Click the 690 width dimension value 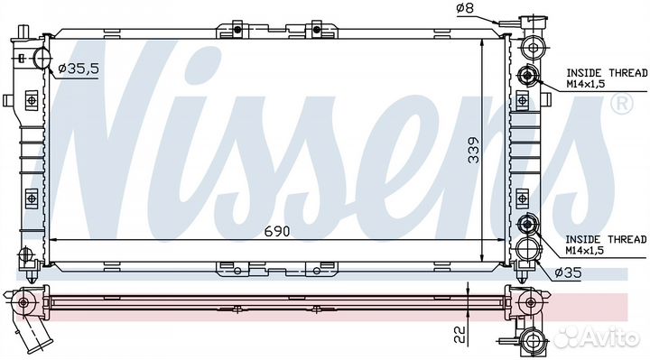(277, 231)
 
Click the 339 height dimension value (473, 150)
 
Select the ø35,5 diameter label (79, 69)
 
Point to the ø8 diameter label (465, 8)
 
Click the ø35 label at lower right (568, 272)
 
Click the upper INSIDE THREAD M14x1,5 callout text (607, 78)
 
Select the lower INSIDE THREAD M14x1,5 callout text (606, 245)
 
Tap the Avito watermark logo (597, 337)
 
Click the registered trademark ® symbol (622, 104)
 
